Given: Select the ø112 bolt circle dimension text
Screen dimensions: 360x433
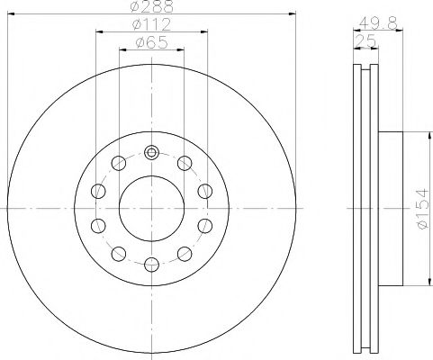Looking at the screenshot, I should tap(150, 24).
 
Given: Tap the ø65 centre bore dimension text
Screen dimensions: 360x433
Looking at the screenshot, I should tap(150, 41).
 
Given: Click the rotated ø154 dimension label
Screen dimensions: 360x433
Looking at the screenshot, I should tap(419, 208).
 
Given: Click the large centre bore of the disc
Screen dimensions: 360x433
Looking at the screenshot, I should tap(150, 207).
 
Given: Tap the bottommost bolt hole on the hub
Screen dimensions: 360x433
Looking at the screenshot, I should tap(150, 264).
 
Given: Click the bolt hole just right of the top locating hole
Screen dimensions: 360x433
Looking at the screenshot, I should tap(184, 162).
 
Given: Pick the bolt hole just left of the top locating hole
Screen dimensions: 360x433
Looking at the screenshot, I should tap(118, 162).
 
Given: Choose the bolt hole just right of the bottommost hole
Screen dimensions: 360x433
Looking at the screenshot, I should tap(184, 253).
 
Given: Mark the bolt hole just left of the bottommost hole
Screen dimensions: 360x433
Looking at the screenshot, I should tap(118, 253).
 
